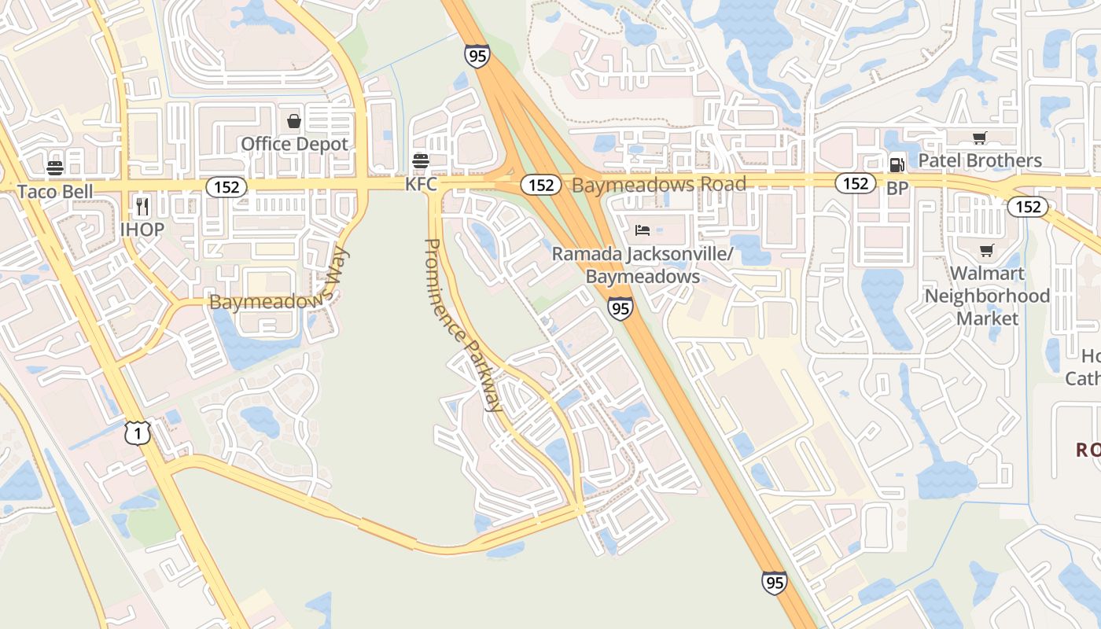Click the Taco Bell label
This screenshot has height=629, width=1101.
55,191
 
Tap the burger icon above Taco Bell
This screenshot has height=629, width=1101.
55,167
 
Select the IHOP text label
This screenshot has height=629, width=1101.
142,230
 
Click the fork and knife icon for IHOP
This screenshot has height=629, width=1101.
142,207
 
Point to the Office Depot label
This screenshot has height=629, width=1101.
294,144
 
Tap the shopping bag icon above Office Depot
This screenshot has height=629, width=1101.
294,121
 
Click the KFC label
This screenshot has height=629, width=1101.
421,185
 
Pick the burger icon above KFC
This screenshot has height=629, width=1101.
421,161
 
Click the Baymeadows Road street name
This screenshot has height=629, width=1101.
659,185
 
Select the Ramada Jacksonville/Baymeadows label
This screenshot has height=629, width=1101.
643,266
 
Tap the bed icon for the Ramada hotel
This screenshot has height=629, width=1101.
643,230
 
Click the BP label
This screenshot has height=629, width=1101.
897,189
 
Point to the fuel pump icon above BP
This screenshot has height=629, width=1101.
897,165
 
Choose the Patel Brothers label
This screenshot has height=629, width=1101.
980,161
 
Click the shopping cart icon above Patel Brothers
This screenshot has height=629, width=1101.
980,138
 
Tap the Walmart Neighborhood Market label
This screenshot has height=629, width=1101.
987,296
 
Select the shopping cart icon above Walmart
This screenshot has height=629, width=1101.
987,251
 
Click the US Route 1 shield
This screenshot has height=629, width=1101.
138,432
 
